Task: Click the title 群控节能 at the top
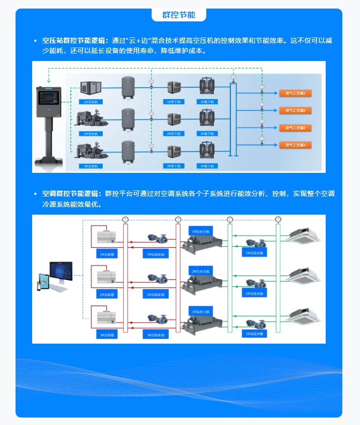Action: tap(178, 14)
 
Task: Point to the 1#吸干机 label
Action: tap(207, 101)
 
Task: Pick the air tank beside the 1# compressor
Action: tap(128, 86)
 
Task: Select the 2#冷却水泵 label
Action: tap(156, 294)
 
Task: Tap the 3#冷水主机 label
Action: tap(201, 311)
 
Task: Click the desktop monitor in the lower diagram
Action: tap(63, 273)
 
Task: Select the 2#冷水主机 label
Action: tap(201, 271)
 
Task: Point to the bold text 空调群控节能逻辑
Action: tap(71, 193)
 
